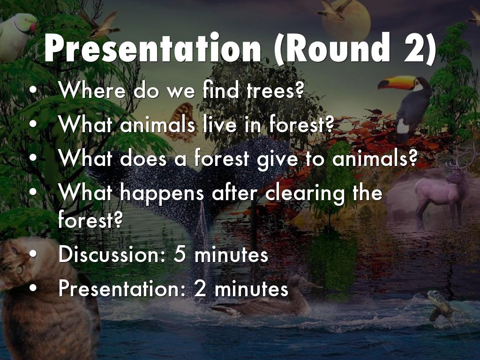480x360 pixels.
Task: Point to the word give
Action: coord(277,159)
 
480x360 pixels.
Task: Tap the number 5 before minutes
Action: coord(180,255)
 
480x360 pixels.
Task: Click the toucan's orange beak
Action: coord(396,82)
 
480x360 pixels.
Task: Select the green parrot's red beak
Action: coord(33,27)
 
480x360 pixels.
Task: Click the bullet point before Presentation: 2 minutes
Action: coord(33,288)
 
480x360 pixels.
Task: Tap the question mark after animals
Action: coord(413,158)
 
